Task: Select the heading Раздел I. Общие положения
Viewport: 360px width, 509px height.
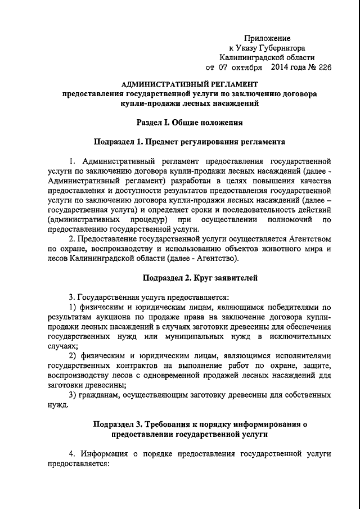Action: pyautogui.click(x=189, y=121)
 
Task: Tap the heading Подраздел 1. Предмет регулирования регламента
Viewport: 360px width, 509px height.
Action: pyautogui.click(x=189, y=141)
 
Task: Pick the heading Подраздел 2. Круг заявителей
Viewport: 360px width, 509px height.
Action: pyautogui.click(x=192, y=277)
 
